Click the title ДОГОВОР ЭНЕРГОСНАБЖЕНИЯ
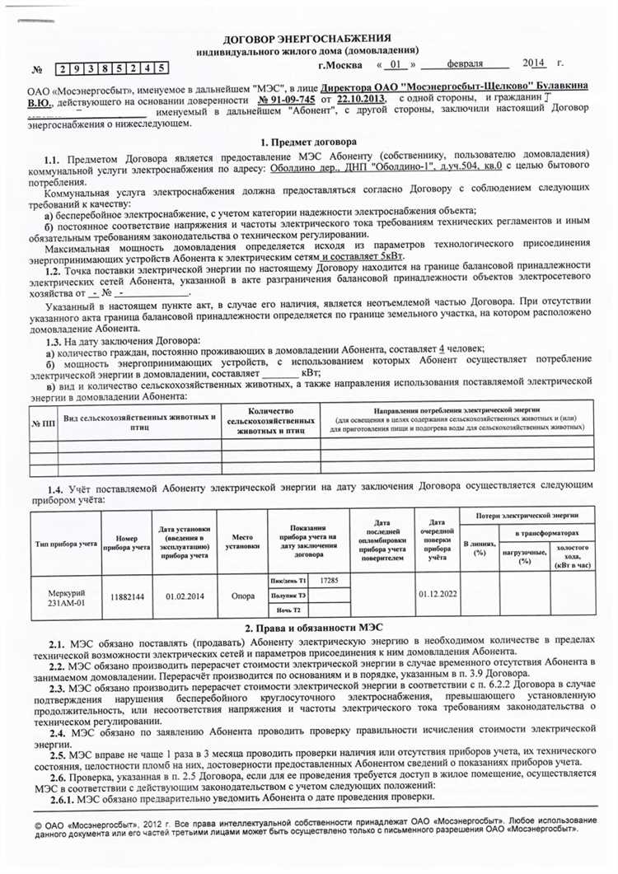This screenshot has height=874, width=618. (x=307, y=39)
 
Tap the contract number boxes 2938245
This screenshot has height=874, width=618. (x=114, y=68)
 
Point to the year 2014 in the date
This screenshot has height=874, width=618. (x=535, y=63)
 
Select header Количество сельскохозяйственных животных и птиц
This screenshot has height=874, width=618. (x=270, y=423)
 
